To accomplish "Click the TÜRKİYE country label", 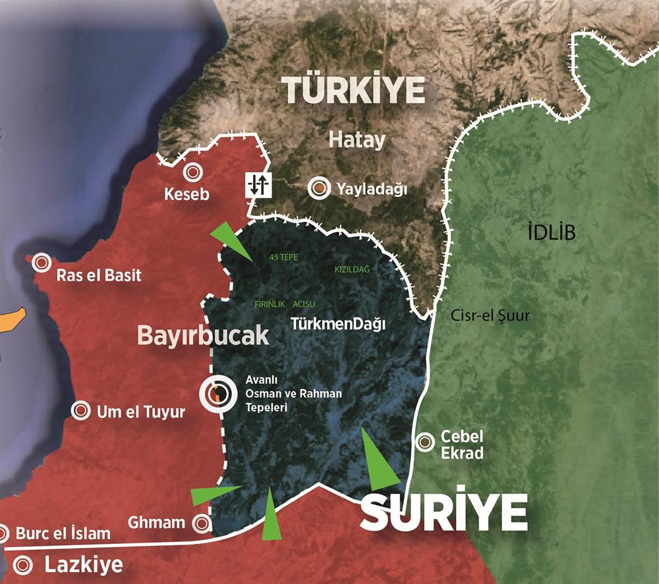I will (353, 90).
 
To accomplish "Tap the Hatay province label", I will (357, 140).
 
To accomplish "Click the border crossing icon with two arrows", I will (257, 184).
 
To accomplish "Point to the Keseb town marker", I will (193, 173).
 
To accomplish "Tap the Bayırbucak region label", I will (203, 335).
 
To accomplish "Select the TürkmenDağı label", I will (337, 324).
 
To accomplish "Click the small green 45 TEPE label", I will (284, 257).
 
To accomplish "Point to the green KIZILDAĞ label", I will (353, 270).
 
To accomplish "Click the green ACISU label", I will (304, 304).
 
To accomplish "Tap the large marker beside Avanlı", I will (217, 394).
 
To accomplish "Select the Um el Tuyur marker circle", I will (81, 411).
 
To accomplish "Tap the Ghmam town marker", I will (202, 523).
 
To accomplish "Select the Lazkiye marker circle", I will (24, 565).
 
